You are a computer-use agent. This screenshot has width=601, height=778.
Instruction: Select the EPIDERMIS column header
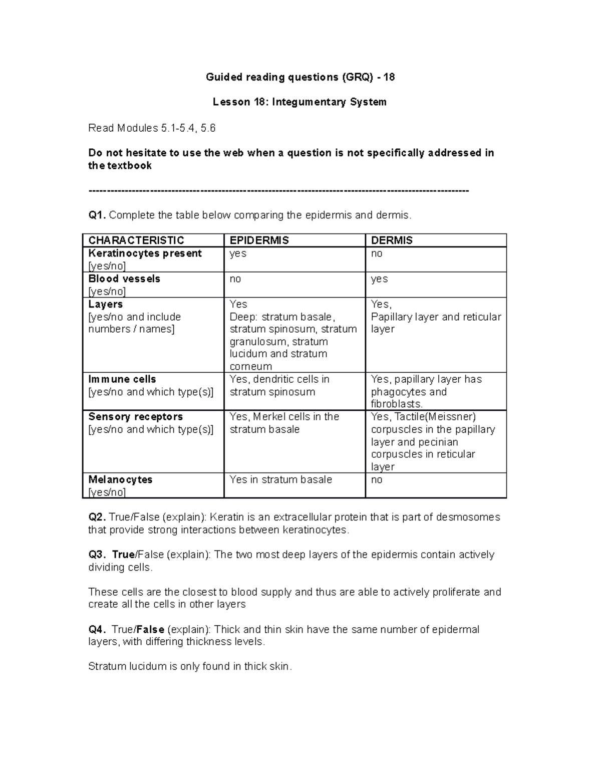tap(259, 240)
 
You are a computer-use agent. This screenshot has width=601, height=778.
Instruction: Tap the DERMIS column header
tap(392, 240)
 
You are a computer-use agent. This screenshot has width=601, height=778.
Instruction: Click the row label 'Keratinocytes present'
tap(145, 253)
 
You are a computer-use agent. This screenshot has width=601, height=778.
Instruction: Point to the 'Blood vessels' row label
tap(124, 279)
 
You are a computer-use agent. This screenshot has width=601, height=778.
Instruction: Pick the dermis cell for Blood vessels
tap(379, 279)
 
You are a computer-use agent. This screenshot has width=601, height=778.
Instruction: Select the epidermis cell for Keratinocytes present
tap(238, 253)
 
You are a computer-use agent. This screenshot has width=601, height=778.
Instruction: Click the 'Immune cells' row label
tap(122, 379)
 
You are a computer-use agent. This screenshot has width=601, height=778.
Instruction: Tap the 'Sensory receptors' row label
tap(135, 417)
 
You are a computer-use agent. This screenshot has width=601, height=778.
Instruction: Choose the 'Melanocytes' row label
tap(120, 479)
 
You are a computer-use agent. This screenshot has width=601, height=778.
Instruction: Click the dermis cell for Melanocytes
tap(377, 479)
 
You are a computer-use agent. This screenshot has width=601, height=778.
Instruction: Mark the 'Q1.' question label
tap(97, 215)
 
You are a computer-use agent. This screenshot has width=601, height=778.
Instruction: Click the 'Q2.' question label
tap(97, 517)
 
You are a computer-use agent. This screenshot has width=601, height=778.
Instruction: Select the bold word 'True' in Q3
tap(123, 555)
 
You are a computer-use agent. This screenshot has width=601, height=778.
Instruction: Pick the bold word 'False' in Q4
tap(150, 630)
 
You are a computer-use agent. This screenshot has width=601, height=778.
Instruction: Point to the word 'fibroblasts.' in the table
tap(397, 404)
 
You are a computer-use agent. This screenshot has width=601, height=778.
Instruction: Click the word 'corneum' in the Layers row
tap(250, 367)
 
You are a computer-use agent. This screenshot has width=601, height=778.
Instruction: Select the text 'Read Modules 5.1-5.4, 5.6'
tap(152, 128)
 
